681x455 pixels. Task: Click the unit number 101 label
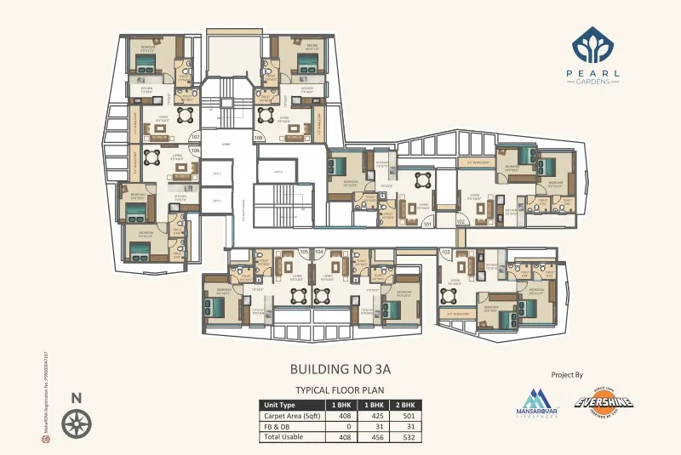427,225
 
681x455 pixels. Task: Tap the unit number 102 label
461,221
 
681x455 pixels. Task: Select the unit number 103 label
445,253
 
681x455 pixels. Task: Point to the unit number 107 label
195,137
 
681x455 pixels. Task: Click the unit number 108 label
258,137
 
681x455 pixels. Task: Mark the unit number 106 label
195,151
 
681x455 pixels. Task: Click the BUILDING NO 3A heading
340,370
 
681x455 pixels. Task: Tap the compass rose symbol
77,422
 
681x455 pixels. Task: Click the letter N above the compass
77,397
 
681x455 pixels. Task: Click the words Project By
567,373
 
